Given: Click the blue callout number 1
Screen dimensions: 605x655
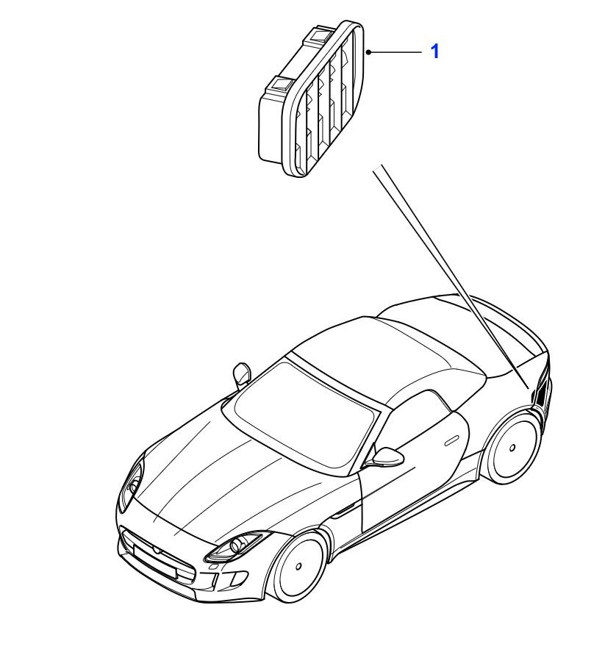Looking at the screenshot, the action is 435,51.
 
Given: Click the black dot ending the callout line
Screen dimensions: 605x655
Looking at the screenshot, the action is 368,51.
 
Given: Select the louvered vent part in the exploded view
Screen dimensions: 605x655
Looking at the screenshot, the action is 311,99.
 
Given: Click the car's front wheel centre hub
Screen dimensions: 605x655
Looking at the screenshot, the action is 298,567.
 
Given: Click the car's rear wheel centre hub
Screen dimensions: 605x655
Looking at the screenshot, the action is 512,448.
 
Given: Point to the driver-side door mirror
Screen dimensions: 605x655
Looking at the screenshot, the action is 387,457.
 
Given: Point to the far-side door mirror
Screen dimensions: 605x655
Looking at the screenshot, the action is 242,374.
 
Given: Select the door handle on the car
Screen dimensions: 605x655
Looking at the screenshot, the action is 451,440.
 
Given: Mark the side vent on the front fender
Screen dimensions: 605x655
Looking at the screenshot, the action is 343,510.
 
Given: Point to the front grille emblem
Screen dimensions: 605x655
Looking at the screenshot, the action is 155,551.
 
